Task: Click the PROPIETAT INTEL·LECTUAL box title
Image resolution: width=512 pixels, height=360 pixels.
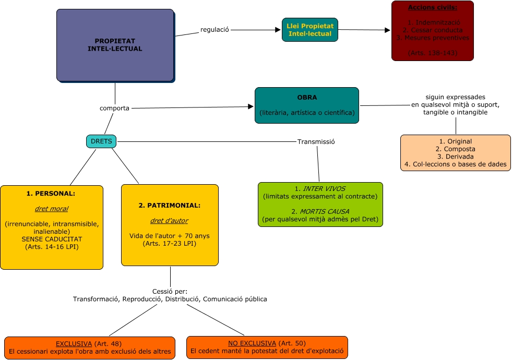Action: click(x=115, y=45)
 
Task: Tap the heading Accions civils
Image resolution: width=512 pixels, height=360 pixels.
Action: click(x=432, y=8)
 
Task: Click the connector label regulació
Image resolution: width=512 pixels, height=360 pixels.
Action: click(x=215, y=30)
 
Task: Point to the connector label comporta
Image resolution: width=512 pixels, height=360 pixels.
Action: click(x=114, y=108)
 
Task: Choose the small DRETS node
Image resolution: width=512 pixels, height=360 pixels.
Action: click(x=101, y=141)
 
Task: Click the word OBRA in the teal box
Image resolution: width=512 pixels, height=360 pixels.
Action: click(x=306, y=98)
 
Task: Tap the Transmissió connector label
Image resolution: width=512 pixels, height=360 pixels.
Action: click(x=315, y=141)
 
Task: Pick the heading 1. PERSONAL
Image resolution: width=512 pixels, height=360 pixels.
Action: click(x=51, y=194)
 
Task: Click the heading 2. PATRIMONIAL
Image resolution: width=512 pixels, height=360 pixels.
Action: click(x=170, y=206)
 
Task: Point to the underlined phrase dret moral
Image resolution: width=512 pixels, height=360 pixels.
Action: click(x=51, y=209)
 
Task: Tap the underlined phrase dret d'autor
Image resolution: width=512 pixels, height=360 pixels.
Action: click(x=170, y=221)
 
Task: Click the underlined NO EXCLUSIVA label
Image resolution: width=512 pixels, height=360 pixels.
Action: click(x=252, y=343)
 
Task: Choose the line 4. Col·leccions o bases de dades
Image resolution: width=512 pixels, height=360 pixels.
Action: click(x=456, y=164)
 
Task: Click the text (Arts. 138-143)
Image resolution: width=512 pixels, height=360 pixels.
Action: click(x=432, y=53)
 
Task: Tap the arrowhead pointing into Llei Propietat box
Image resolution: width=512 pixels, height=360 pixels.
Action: click(x=278, y=30)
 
